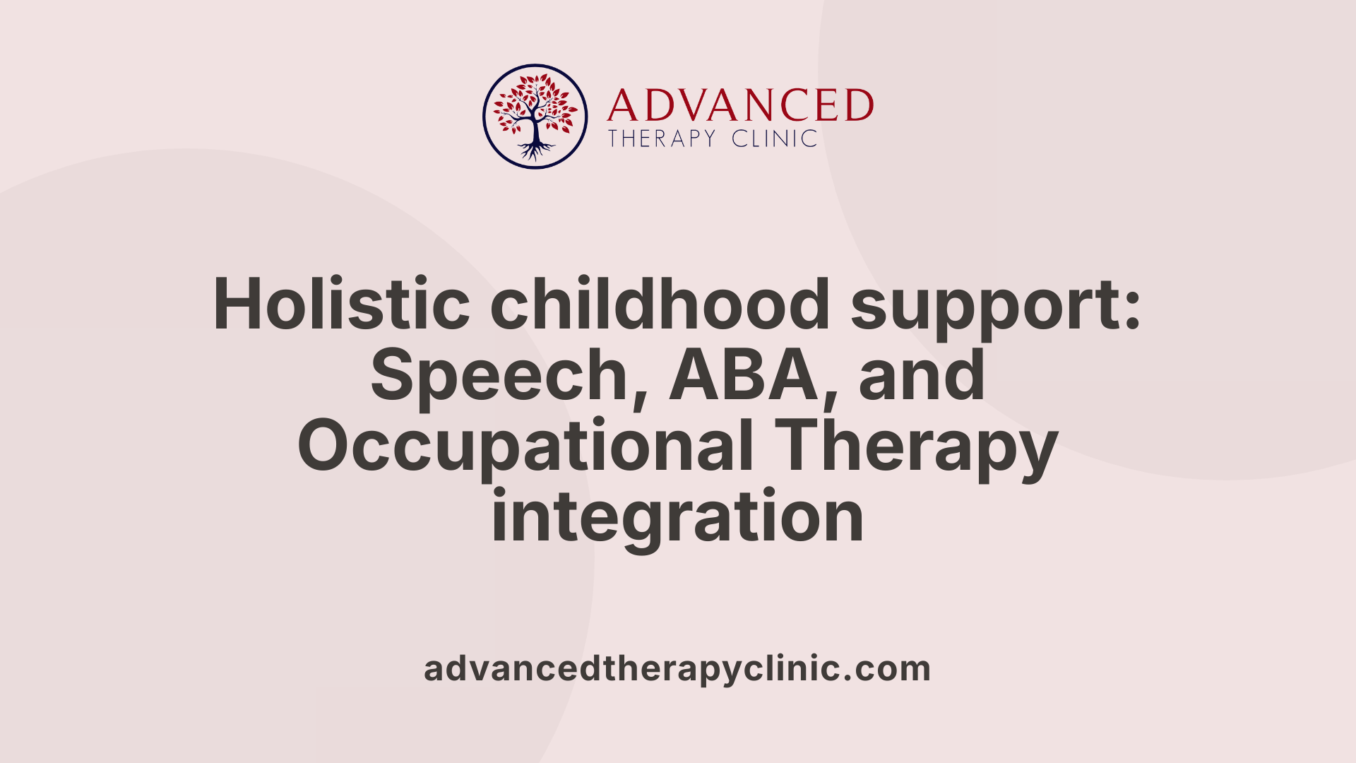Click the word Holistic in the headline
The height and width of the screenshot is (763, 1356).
pyautogui.click(x=342, y=304)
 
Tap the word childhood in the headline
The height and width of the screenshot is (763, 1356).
pyautogui.click(x=660, y=304)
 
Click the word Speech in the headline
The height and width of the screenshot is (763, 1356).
pyautogui.click(x=499, y=377)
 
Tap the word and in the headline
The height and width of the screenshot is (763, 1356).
pyautogui.click(x=922, y=375)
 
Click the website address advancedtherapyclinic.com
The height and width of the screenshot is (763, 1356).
pyautogui.click(x=677, y=669)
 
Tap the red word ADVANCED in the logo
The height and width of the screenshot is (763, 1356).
pyautogui.click(x=740, y=105)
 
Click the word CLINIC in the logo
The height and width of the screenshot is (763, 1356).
pyautogui.click(x=775, y=138)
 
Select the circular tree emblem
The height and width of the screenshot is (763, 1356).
pyautogui.click(x=535, y=117)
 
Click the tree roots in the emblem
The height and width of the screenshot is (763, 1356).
pyautogui.click(x=535, y=150)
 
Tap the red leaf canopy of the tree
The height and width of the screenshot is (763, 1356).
pyautogui.click(x=535, y=102)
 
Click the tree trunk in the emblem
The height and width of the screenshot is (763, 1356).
pyautogui.click(x=535, y=131)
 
